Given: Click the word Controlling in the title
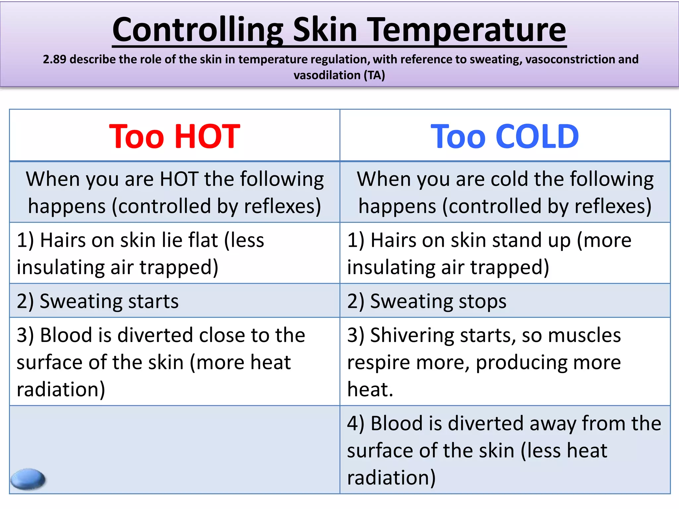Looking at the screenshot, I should click(198, 30).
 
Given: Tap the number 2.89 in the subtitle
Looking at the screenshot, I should click(54, 59).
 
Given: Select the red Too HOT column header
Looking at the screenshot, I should click(174, 136).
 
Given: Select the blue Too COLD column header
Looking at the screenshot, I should click(505, 136).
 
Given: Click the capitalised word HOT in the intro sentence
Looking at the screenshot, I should click(179, 179).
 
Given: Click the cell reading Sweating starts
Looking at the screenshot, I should click(98, 301).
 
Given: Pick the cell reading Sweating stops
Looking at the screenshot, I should click(427, 301).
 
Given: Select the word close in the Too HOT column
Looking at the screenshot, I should click(222, 335).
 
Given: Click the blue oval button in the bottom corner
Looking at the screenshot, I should click(28, 479).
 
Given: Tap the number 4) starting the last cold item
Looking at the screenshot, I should click(355, 423).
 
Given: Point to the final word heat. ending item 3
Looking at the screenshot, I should click(370, 389).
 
